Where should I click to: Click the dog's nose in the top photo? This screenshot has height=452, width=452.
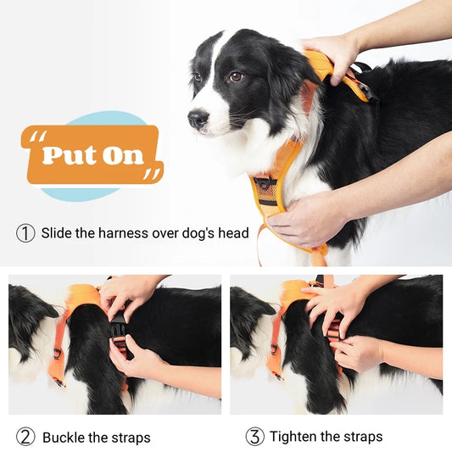[x=197, y=120]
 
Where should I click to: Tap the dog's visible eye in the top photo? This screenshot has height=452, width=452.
[x=235, y=77]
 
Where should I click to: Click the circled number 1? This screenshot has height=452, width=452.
[x=26, y=232]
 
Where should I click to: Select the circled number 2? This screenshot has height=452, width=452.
[x=26, y=437]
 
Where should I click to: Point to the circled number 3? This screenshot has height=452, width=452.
[x=254, y=437]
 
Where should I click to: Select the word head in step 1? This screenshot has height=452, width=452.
[x=232, y=232]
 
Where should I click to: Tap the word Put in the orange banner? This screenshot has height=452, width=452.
[x=68, y=155]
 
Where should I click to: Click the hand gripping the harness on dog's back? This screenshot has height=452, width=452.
[x=335, y=53]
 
